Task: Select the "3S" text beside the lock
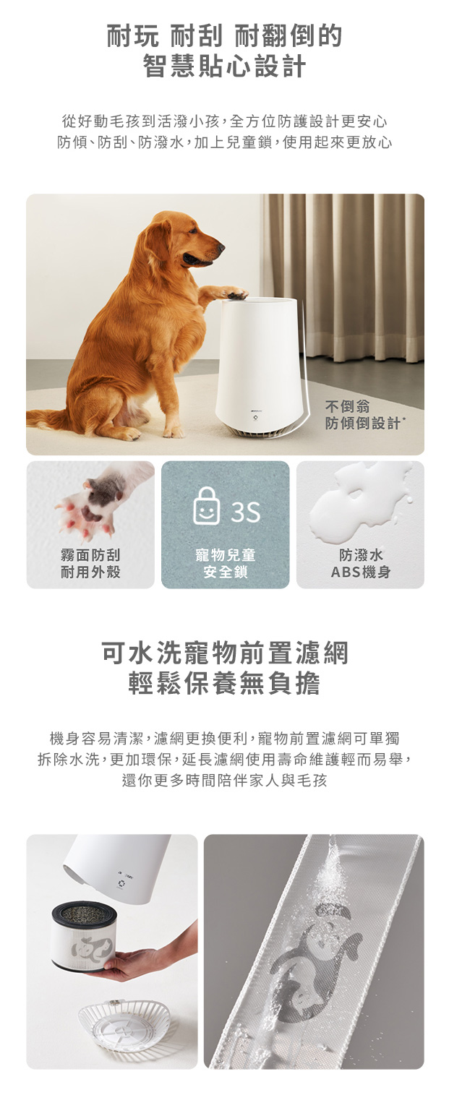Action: pyautogui.click(x=246, y=511)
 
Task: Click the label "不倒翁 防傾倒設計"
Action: pyautogui.click(x=363, y=415)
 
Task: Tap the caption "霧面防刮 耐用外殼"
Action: pyautogui.click(x=90, y=563)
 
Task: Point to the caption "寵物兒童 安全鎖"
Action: pyautogui.click(x=226, y=563)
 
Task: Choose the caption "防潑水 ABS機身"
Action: pyautogui.click(x=361, y=563)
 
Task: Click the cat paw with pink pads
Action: pyautogui.click(x=90, y=504)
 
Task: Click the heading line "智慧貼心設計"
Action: pyautogui.click(x=224, y=66)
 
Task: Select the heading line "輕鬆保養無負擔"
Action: pyautogui.click(x=224, y=683)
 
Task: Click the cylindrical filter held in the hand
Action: pyautogui.click(x=84, y=935)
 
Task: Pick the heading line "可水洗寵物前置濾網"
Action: pyautogui.click(x=224, y=653)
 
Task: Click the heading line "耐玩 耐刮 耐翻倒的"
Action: pyautogui.click(x=224, y=35)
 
